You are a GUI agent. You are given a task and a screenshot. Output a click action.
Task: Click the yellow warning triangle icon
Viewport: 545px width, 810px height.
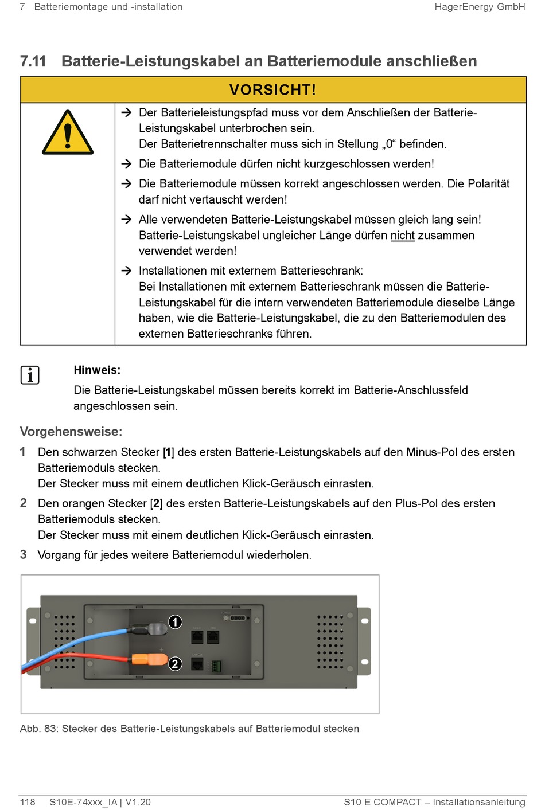[x=68, y=134]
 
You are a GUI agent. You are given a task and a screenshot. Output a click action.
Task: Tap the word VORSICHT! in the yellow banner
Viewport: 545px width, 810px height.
[x=272, y=90]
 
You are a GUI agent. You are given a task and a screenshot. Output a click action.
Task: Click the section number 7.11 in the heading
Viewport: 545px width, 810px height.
[x=33, y=61]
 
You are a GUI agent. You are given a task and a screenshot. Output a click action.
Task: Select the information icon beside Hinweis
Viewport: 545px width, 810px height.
[x=30, y=375]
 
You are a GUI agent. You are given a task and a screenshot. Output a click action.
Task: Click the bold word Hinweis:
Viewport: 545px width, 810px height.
[x=97, y=370]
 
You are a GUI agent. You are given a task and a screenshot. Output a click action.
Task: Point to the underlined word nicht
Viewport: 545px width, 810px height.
[x=402, y=236]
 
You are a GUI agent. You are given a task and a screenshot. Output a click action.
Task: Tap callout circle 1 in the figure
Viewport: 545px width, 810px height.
[x=175, y=622]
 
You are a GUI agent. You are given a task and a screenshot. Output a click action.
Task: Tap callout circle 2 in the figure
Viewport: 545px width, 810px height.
[x=175, y=664]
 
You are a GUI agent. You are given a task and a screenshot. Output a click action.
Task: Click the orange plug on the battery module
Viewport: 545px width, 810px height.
[x=148, y=659]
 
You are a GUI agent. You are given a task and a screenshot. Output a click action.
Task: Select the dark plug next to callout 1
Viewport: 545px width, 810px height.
[x=151, y=629]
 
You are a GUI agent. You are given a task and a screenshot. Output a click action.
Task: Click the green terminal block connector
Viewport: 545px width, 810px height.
[x=216, y=667]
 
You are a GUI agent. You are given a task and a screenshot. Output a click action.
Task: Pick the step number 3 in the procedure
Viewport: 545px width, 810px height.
[x=24, y=555]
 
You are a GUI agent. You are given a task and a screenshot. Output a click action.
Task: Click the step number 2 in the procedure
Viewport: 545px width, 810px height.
[x=24, y=503]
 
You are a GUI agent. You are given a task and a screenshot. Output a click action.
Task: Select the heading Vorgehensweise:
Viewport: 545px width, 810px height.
[x=71, y=432]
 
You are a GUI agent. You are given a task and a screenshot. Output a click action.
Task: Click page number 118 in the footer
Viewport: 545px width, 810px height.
[x=28, y=802]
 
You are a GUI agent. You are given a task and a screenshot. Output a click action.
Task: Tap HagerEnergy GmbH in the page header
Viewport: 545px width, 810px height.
[x=480, y=7]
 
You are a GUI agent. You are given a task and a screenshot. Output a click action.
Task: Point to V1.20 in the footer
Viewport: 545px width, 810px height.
[x=138, y=802]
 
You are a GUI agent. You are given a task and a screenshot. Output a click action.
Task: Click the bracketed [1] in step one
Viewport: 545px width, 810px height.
[x=168, y=452]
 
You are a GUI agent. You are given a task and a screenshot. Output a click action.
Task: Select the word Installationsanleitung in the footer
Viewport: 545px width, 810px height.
[x=479, y=802]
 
